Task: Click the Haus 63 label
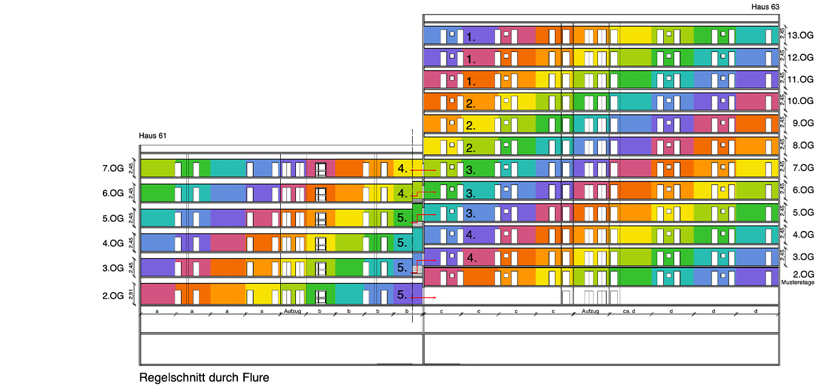point(765,7)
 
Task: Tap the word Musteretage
point(798,282)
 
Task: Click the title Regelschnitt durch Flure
point(204,377)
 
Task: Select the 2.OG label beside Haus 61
point(113,296)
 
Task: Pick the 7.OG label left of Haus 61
point(113,169)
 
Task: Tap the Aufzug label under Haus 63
point(590,311)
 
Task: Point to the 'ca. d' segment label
point(629,311)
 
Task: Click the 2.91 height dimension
point(130,295)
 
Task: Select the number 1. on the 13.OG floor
point(471,37)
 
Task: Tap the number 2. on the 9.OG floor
point(471,126)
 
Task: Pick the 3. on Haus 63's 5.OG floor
point(471,213)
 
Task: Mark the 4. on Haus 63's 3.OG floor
point(471,257)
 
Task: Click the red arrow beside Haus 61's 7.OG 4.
point(427,171)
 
